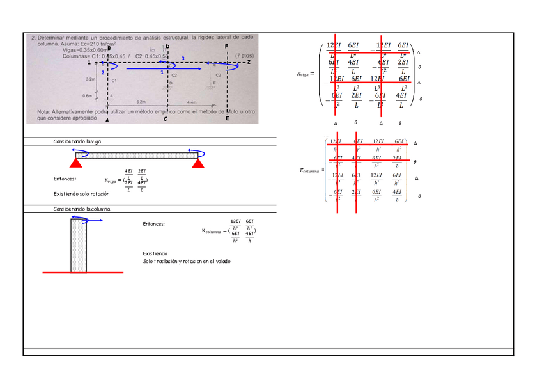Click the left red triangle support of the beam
tap(75, 164)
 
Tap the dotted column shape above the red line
tap(79, 245)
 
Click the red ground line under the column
tap(82, 273)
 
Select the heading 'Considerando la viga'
tap(77, 141)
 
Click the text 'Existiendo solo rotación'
tap(77, 193)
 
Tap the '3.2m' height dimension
tap(91, 79)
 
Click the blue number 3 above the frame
tap(183, 59)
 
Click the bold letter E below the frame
tap(227, 119)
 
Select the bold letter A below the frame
tap(107, 120)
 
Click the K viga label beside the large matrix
tap(306, 74)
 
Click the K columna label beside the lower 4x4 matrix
tap(311, 170)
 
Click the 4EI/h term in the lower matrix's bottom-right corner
tap(398, 196)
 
